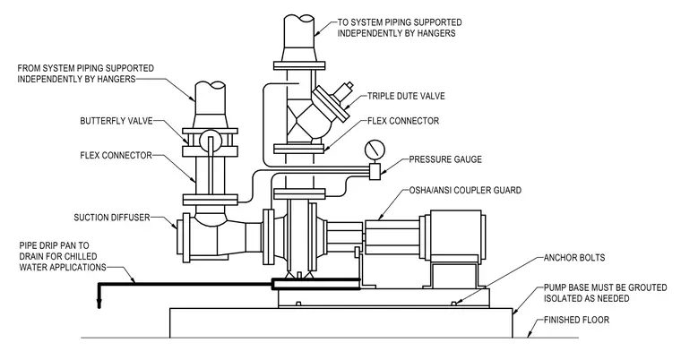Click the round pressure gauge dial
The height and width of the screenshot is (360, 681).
tap(375, 150)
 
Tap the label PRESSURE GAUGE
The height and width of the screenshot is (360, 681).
tap(445, 159)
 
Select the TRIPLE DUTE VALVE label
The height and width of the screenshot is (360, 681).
tap(406, 96)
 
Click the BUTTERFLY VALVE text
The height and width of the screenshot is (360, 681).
tap(116, 121)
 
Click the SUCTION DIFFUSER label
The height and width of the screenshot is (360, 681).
tap(112, 218)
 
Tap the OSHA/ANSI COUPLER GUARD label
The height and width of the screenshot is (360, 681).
tap(465, 190)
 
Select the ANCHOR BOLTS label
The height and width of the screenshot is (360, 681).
tap(574, 258)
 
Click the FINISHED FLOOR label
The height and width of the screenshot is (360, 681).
tap(576, 320)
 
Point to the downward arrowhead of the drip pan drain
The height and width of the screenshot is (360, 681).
tap(99, 304)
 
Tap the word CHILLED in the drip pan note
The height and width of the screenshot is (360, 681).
tap(80, 256)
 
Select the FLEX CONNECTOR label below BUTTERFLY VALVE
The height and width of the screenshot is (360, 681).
tap(116, 156)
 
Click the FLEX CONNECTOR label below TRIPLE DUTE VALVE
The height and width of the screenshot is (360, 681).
tap(403, 121)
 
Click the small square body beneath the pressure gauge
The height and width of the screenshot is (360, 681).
tap(375, 171)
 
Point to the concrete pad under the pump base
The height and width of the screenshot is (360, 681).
tap(340, 322)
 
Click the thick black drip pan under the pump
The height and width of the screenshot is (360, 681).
tap(315, 285)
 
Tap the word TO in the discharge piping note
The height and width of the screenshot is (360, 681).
tap(343, 22)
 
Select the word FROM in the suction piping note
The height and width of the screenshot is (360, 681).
tap(29, 68)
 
